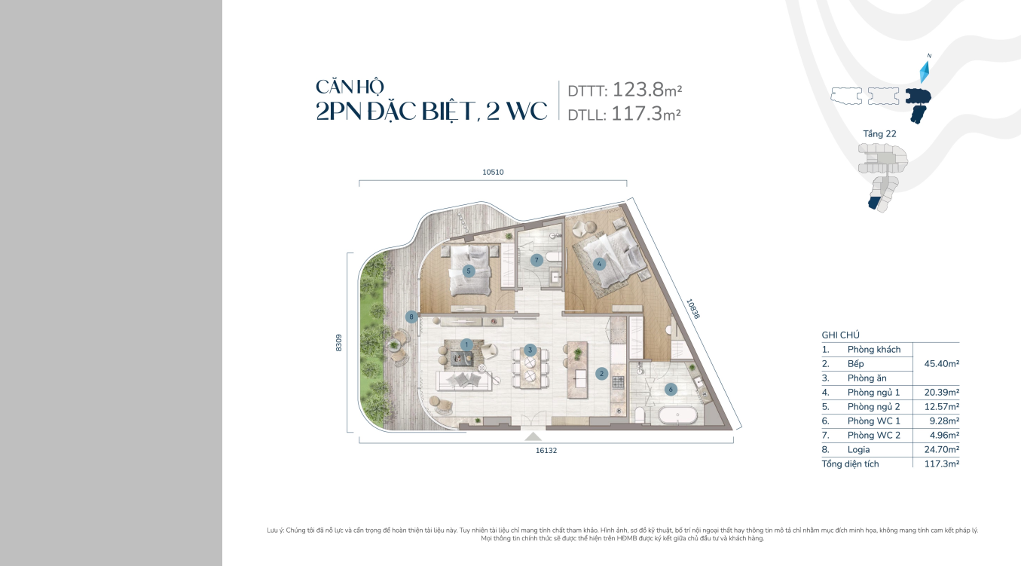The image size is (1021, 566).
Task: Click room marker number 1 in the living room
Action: click(466, 345)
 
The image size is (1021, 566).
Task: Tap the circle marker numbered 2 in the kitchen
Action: click(601, 374)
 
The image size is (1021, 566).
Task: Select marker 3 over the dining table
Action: click(530, 350)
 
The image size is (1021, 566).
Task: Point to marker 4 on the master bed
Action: click(599, 264)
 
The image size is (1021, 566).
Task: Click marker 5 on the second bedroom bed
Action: click(468, 271)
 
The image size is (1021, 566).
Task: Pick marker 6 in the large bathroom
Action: click(671, 390)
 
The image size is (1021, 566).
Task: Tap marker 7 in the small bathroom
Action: click(536, 260)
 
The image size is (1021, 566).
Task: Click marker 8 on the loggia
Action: click(411, 317)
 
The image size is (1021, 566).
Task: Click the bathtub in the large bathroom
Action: click(677, 415)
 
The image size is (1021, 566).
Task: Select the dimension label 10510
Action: click(494, 173)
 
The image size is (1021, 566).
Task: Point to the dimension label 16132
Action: click(546, 450)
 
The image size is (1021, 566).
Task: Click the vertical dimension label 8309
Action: click(338, 343)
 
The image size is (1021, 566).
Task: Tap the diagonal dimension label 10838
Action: click(692, 309)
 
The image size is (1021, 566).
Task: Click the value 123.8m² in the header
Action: click(647, 90)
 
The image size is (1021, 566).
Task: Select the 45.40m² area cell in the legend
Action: click(942, 364)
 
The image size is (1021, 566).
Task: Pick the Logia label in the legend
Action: click(859, 449)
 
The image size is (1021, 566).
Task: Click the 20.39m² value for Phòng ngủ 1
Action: click(942, 393)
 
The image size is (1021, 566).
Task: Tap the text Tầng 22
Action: click(879, 134)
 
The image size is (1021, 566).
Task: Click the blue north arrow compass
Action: click(925, 72)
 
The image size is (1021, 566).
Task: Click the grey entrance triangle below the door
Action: click(533, 437)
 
